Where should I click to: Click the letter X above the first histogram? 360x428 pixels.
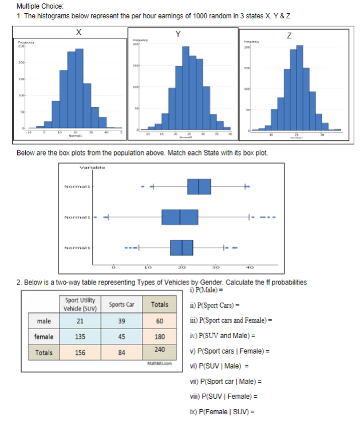(x=77, y=33)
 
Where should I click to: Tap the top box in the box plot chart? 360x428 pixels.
(x=199, y=187)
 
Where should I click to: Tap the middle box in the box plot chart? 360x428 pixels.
(x=180, y=217)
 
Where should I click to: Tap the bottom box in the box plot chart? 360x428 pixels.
(x=181, y=248)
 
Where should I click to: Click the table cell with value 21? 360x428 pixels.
(x=80, y=321)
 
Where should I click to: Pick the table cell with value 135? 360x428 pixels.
(x=80, y=337)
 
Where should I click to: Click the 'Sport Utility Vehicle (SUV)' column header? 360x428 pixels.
(x=80, y=304)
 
